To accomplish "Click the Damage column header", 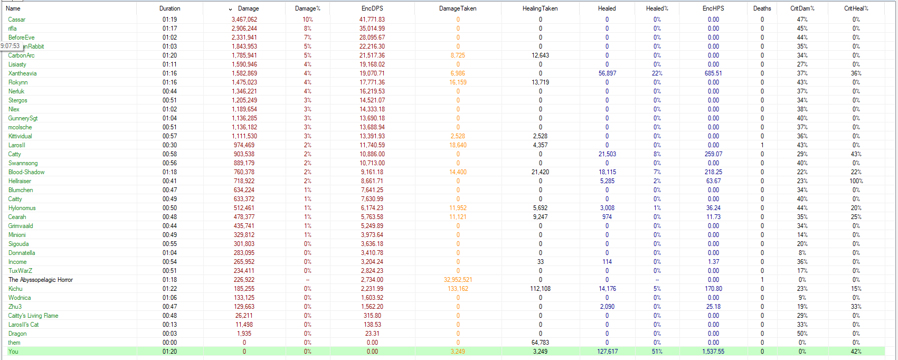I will pyautogui.click(x=248, y=8).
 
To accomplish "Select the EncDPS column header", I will pyautogui.click(x=372, y=8).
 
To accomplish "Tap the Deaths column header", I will pyautogui.click(x=762, y=8).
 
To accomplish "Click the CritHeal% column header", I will pyautogui.click(x=856, y=8).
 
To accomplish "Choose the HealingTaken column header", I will pyautogui.click(x=540, y=8).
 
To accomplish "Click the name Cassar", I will pyautogui.click(x=17, y=20).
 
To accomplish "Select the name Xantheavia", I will pyautogui.click(x=23, y=73).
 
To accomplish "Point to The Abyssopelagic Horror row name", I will pyautogui.click(x=41, y=280).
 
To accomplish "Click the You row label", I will pyautogui.click(x=13, y=352).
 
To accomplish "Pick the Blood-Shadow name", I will pyautogui.click(x=26, y=172).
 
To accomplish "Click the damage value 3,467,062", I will pyautogui.click(x=244, y=20).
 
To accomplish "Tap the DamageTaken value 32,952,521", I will pyautogui.click(x=458, y=280).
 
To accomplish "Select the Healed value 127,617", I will pyautogui.click(x=607, y=352).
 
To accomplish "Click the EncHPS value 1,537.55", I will pyautogui.click(x=713, y=352).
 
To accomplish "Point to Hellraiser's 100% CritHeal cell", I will pyautogui.click(x=856, y=181).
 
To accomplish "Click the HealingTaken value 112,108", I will pyautogui.click(x=540, y=289).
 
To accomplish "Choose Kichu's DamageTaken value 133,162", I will pyautogui.click(x=458, y=289).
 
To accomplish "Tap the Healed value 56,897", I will pyautogui.click(x=607, y=73).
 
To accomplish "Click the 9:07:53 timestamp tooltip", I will pyautogui.click(x=10, y=46).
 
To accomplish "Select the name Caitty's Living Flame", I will pyautogui.click(x=33, y=316).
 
